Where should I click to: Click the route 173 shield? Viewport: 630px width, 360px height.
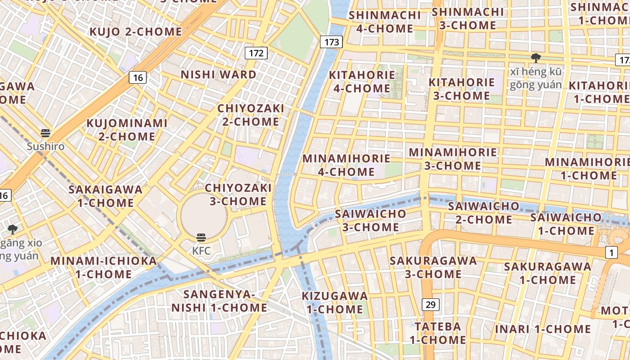tap(332, 42)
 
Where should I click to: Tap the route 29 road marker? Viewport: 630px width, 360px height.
tap(431, 305)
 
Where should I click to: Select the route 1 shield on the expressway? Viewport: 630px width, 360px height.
tap(611, 253)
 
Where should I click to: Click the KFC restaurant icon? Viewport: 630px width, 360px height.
tap(201, 238)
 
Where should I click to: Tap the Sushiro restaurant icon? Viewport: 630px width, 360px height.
tap(45, 133)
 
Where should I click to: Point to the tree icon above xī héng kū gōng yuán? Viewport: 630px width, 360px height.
tap(535, 58)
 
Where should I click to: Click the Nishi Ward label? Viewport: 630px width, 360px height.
tap(218, 74)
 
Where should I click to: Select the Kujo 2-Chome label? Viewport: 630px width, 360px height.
tap(135, 31)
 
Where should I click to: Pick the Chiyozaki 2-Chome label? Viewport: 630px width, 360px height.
tap(251, 115)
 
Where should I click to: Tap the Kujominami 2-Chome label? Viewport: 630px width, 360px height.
tap(127, 130)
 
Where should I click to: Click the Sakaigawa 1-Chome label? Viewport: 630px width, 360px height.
tap(105, 196)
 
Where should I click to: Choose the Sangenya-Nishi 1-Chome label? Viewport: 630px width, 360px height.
tap(219, 301)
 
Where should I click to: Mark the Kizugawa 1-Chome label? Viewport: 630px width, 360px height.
tap(335, 302)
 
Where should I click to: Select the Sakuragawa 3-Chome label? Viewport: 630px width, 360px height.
tap(433, 267)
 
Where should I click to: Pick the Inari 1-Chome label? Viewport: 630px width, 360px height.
tap(543, 329)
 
